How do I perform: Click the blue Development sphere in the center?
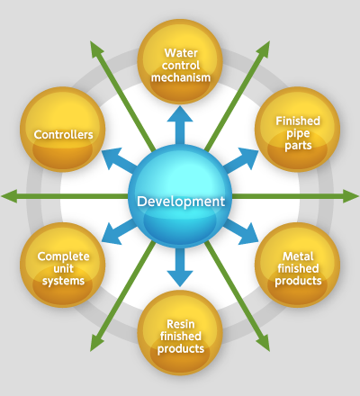coord(180,196)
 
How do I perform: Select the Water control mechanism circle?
coord(180,62)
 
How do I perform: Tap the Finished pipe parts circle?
coord(297,130)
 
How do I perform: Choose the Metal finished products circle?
coord(297,265)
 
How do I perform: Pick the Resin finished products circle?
coord(180,333)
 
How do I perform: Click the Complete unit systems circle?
coord(63,265)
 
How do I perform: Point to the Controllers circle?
coord(63,130)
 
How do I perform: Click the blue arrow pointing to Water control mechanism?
coord(180,125)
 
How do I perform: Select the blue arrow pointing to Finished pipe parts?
coord(241,160)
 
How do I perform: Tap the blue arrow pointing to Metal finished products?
coord(241,231)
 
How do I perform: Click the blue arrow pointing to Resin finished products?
coord(180,267)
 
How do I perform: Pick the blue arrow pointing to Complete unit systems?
coord(119,231)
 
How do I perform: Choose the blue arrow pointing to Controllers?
coord(119,160)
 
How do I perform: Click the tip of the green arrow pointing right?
coord(359,196)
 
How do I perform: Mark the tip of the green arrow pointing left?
coord(1,196)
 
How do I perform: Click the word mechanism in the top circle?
coord(181,77)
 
